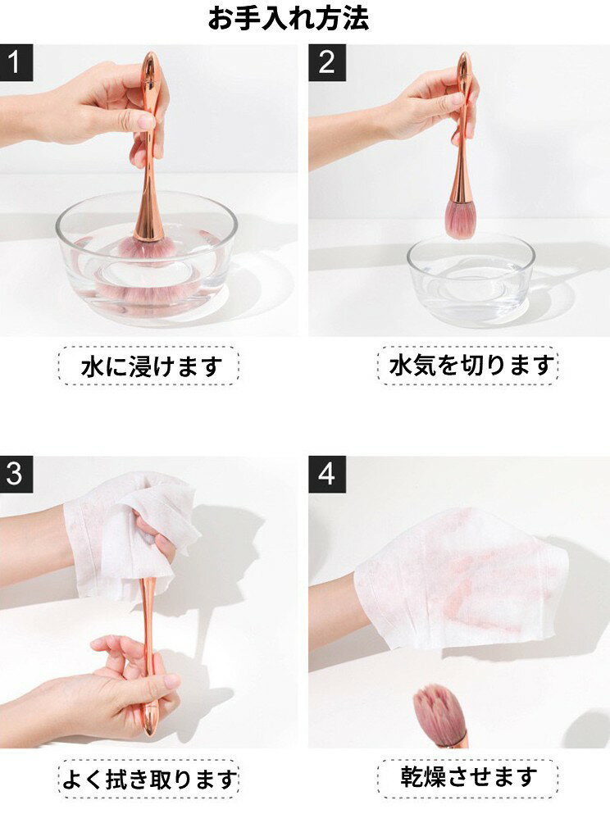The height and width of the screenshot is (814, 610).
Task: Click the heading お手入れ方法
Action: pos(289,18)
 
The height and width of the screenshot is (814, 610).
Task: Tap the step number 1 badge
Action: pos(16,62)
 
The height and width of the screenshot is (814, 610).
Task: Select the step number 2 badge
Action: pos(327,62)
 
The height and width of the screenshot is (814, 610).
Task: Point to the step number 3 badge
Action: pos(16,475)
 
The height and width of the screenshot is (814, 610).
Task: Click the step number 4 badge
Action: pos(327,475)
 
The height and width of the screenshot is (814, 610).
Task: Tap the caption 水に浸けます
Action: pos(152,366)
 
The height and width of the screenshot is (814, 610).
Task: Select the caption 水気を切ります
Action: pos(471,366)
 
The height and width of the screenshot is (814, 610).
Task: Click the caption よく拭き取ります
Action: pos(149,779)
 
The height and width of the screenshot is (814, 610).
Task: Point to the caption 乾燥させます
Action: pos(469,776)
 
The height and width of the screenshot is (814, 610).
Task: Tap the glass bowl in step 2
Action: pos(471,281)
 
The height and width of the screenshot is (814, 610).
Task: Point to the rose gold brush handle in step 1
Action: pos(149,145)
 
